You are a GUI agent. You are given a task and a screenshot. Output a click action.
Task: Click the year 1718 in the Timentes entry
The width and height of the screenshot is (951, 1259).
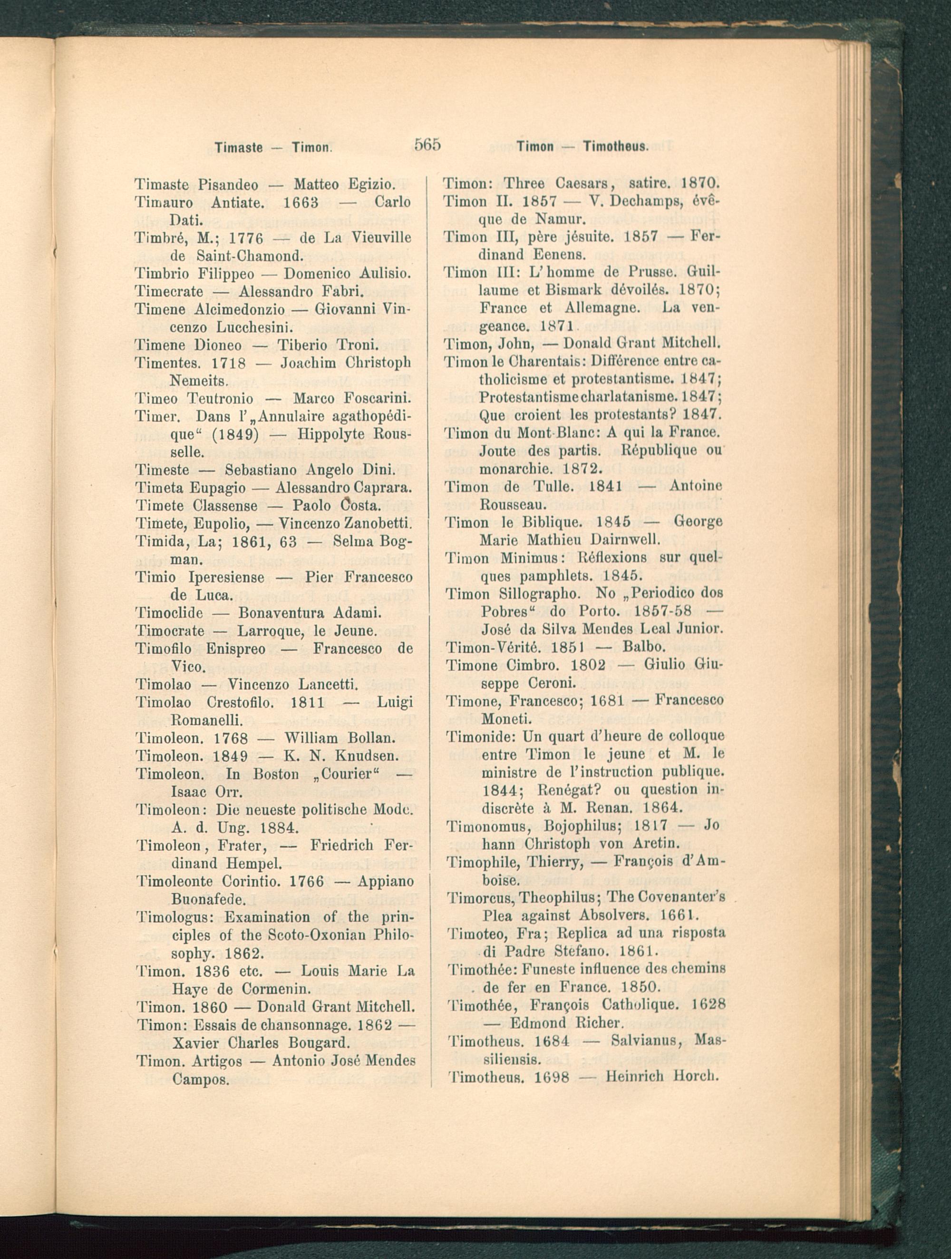[x=227, y=363]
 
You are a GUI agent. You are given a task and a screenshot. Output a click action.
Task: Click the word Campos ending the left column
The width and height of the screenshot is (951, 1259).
[x=200, y=1079]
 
